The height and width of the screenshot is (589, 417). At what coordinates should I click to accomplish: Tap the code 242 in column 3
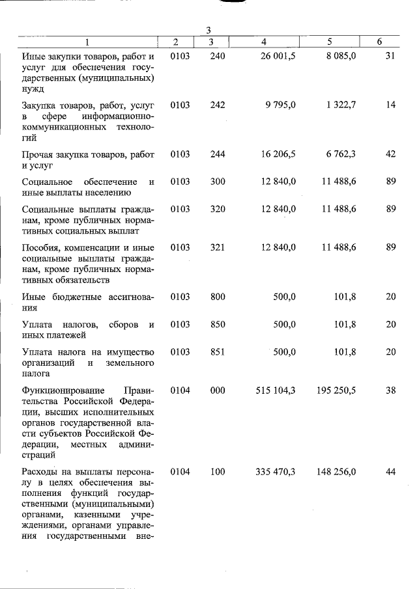(x=218, y=105)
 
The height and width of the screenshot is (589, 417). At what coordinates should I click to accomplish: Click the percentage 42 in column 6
(x=390, y=154)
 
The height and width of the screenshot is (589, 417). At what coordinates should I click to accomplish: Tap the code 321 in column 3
(x=218, y=247)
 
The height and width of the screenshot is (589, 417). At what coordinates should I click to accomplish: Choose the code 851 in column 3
(x=218, y=352)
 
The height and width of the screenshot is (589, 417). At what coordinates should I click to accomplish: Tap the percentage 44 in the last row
(x=390, y=472)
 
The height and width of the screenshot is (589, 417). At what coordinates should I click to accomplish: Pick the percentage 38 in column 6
(x=390, y=390)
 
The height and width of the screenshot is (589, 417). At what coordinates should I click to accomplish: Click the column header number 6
(x=380, y=42)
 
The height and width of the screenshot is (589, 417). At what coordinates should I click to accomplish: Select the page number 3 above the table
(x=208, y=31)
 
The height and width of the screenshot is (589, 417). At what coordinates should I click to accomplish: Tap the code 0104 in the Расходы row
(x=180, y=472)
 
